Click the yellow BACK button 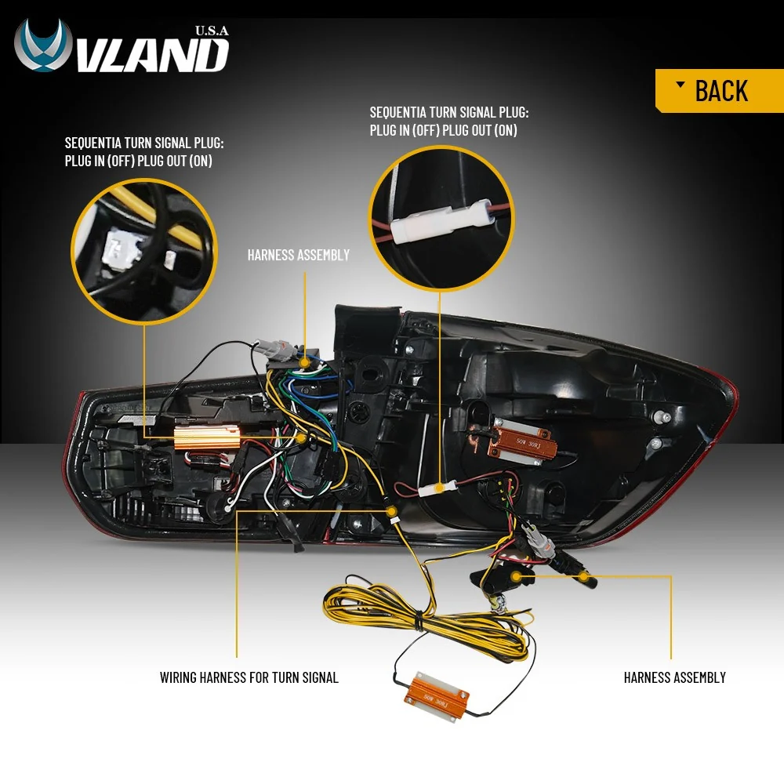(720, 90)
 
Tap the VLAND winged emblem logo (43, 45)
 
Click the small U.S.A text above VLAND (212, 31)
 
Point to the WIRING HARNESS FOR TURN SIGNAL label (249, 677)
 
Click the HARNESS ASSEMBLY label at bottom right (674, 677)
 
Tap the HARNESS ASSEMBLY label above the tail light (299, 255)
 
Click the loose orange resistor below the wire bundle (437, 696)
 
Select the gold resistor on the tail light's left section (206, 437)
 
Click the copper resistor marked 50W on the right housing (521, 444)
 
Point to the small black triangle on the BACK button (680, 84)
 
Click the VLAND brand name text (154, 55)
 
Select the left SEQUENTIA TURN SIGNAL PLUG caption (144, 152)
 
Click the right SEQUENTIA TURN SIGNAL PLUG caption (449, 122)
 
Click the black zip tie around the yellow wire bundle (418, 621)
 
